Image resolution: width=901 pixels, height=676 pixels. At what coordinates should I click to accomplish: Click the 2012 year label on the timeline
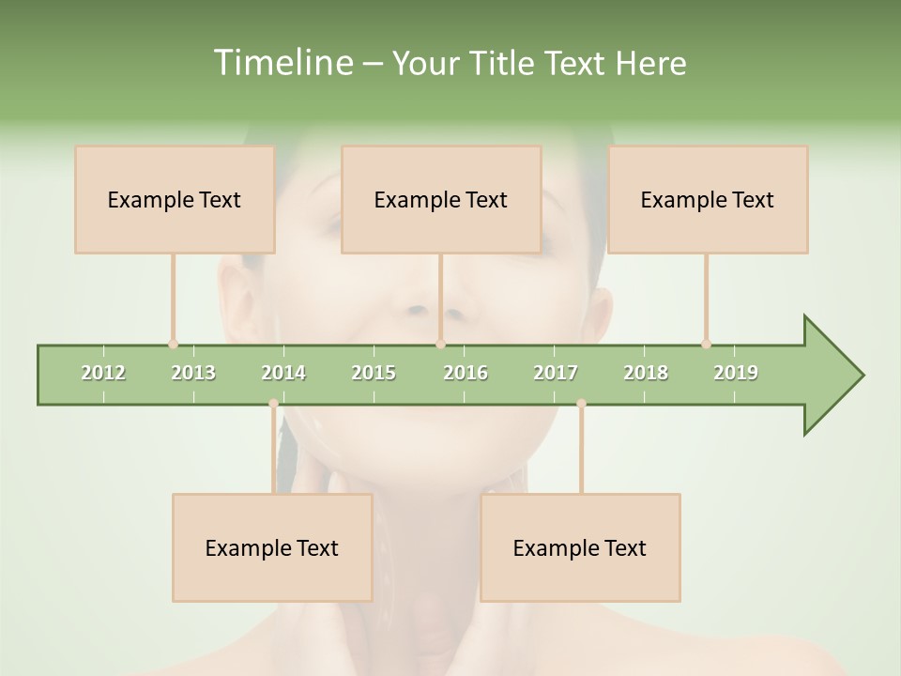click(x=103, y=373)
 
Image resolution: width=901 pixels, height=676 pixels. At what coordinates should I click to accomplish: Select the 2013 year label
click(x=193, y=373)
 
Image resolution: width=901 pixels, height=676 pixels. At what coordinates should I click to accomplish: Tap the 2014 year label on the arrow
click(x=283, y=373)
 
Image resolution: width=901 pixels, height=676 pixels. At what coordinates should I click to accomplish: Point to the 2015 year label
click(x=374, y=373)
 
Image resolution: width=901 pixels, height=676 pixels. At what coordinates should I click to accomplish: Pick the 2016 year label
click(x=466, y=373)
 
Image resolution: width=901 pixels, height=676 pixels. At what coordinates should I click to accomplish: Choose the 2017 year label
click(x=556, y=373)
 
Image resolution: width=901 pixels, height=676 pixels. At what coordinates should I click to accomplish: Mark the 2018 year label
click(x=646, y=373)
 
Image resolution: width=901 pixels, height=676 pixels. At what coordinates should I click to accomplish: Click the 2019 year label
click(x=736, y=373)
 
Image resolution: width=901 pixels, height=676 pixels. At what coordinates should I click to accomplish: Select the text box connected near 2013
click(x=175, y=199)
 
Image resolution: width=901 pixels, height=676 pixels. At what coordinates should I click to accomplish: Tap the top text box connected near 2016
click(x=441, y=199)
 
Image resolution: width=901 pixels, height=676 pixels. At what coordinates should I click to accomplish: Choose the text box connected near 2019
click(x=708, y=199)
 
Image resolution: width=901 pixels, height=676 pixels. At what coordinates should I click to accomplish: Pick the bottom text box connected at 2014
click(x=272, y=547)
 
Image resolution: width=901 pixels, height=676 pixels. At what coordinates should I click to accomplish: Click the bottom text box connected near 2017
click(x=580, y=547)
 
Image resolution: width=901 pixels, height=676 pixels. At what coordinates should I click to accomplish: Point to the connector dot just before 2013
click(x=173, y=344)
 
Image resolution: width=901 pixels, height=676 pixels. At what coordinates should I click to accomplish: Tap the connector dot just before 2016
click(x=440, y=344)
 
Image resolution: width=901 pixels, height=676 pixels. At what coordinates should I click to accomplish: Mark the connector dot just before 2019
click(x=706, y=344)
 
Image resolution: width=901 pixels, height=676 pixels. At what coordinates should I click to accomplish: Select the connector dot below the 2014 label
click(x=273, y=404)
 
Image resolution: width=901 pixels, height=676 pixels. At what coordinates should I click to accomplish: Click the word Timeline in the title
click(x=282, y=63)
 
